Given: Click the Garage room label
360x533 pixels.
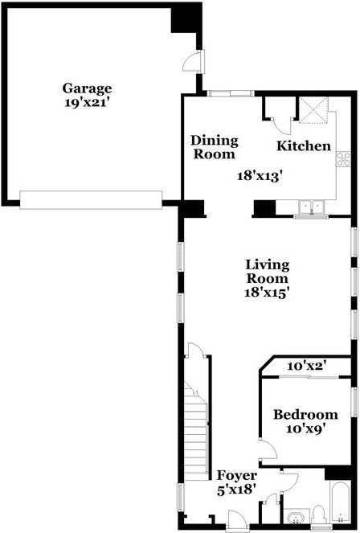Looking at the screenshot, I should (x=88, y=88).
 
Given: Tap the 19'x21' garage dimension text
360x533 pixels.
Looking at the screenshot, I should (x=88, y=102).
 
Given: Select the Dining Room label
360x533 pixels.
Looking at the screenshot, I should (x=214, y=147).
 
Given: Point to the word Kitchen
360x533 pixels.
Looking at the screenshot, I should (x=304, y=146).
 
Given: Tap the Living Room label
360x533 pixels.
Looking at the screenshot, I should (x=268, y=271).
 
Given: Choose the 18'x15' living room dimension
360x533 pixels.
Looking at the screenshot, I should (x=268, y=293).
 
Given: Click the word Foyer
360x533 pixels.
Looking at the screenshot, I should (x=237, y=476).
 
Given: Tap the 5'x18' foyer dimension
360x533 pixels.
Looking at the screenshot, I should (x=237, y=490).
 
